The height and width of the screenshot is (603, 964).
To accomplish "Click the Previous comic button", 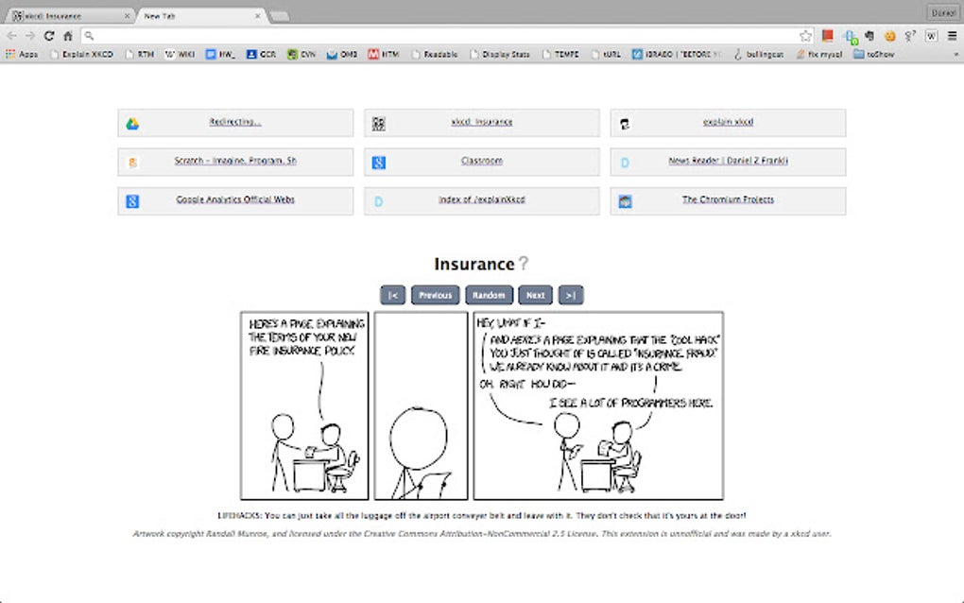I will point(435,295).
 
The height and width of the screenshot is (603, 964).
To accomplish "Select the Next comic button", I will point(535,295).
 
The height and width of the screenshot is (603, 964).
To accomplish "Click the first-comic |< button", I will point(392,295).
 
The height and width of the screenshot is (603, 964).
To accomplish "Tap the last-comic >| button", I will point(570,295).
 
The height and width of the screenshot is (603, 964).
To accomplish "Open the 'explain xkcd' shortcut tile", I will point(728,123).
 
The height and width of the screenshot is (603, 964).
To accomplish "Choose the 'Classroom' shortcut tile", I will point(481,162).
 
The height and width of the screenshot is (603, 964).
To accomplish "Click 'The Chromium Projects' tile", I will point(728,200).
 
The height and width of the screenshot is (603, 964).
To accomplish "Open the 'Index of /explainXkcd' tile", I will point(481,200).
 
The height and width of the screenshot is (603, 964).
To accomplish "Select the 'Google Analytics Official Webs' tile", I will point(235,200).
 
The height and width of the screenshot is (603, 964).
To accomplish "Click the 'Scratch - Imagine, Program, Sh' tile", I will point(235,162).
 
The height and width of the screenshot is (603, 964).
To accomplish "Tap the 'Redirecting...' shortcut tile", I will point(235,123).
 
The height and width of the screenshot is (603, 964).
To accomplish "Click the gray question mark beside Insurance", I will point(524,264).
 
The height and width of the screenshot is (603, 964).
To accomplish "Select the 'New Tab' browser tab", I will point(198,15).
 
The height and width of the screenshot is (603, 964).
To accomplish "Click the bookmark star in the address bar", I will point(805,36).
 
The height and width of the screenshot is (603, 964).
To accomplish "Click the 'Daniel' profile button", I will point(943,12).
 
